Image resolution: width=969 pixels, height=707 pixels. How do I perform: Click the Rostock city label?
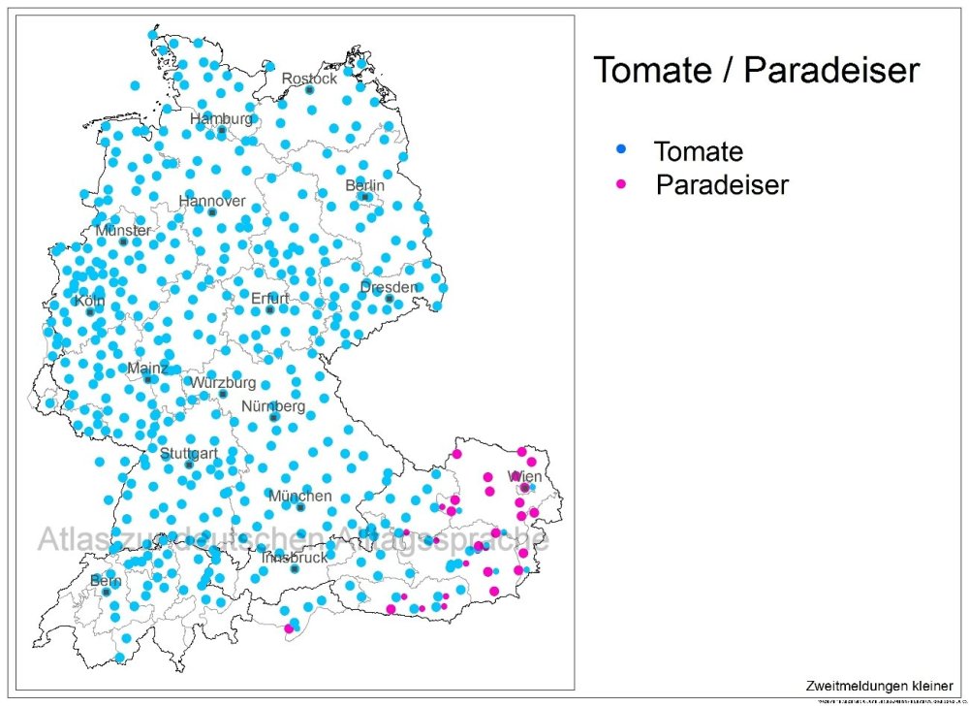pyautogui.click(x=309, y=78)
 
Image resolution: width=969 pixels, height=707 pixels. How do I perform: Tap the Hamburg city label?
pyautogui.click(x=221, y=118)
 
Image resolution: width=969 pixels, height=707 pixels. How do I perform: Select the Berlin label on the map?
pyautogui.click(x=365, y=185)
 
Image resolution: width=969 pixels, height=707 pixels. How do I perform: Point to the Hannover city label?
pyautogui.click(x=212, y=201)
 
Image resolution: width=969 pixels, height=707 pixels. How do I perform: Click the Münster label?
pyautogui.click(x=123, y=231)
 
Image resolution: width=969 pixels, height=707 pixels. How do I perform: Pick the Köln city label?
pyautogui.click(x=89, y=301)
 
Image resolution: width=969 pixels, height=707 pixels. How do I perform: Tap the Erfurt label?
pyautogui.click(x=270, y=298)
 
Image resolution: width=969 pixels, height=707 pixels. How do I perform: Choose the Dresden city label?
pyautogui.click(x=389, y=287)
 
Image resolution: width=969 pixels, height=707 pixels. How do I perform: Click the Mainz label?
pyautogui.click(x=148, y=369)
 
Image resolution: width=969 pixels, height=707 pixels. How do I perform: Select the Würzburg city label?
pyautogui.click(x=223, y=382)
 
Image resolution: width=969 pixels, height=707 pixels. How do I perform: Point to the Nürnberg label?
pyautogui.click(x=274, y=405)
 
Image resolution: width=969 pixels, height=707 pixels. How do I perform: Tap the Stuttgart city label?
pyautogui.click(x=189, y=453)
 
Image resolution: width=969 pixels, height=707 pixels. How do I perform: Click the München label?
pyautogui.click(x=300, y=496)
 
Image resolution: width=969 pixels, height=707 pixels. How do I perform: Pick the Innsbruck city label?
pyautogui.click(x=295, y=558)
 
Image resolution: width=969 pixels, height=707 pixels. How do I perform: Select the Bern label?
pyautogui.click(x=106, y=580)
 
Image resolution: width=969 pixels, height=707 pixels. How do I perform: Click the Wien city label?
pyautogui.click(x=525, y=477)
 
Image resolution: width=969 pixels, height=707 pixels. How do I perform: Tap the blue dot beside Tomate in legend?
pyautogui.click(x=622, y=148)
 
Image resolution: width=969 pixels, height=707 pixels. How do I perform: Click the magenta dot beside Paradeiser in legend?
pyautogui.click(x=622, y=182)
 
